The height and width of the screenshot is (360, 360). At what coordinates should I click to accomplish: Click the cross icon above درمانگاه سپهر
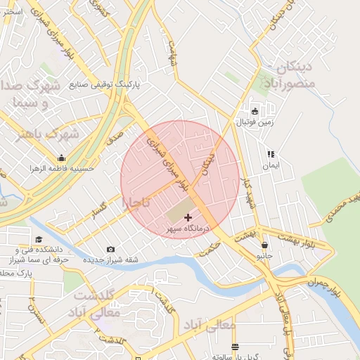(188, 218)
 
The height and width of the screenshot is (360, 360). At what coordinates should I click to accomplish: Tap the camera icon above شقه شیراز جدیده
(110, 249)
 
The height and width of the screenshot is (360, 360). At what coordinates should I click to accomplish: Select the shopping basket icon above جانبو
(264, 245)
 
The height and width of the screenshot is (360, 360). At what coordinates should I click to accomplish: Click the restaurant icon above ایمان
(270, 154)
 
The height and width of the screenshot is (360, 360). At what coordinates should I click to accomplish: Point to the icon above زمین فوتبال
(255, 111)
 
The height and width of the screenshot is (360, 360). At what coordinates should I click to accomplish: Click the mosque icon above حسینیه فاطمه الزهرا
(61, 157)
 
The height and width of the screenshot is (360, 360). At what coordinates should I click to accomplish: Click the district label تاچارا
(136, 202)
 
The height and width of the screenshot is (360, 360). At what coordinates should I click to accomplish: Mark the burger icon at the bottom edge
(234, 347)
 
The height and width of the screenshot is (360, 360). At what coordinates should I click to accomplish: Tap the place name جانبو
(264, 257)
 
